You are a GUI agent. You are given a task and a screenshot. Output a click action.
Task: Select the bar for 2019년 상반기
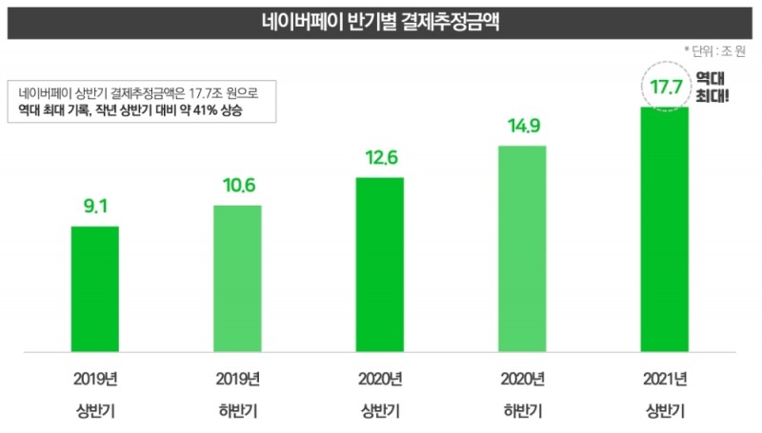(x=95, y=289)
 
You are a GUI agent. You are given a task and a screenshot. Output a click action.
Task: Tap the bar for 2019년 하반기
(x=237, y=279)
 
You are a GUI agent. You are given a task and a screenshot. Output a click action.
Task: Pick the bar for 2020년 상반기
(x=379, y=265)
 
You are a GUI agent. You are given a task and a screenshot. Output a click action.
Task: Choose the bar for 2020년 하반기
(x=522, y=249)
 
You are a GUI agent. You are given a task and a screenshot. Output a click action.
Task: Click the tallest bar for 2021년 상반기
(x=664, y=229)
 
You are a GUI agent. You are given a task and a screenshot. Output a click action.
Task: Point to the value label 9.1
(x=95, y=204)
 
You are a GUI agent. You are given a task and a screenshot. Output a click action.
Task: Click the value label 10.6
(x=237, y=184)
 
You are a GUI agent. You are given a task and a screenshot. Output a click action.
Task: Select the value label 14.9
(x=522, y=125)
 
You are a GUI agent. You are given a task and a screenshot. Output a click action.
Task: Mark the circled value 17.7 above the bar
(x=663, y=88)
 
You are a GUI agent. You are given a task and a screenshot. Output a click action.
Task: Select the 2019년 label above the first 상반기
(x=95, y=380)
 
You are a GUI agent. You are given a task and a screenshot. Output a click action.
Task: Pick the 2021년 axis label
(x=664, y=380)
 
